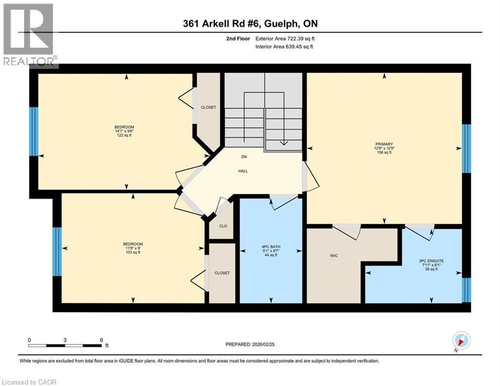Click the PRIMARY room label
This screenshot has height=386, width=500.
click(x=384, y=144)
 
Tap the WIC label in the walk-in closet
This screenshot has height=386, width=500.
click(x=334, y=256)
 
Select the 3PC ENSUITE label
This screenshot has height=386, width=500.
click(x=431, y=261)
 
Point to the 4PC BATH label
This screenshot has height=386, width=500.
click(x=271, y=247)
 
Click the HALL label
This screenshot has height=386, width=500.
click(x=243, y=171)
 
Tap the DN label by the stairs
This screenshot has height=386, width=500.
click(x=244, y=157)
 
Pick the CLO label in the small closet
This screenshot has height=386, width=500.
click(x=223, y=226)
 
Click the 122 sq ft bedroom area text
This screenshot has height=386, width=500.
click(x=124, y=136)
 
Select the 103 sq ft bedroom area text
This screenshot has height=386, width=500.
click(x=133, y=252)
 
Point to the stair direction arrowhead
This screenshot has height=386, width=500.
click(x=284, y=143)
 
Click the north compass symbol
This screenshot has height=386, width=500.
click(x=461, y=340)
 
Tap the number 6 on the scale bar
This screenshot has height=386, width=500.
click(x=102, y=340)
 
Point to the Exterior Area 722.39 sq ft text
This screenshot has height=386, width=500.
click(x=285, y=39)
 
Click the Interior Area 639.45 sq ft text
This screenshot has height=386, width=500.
click(x=284, y=47)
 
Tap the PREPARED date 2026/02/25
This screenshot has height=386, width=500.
click(x=250, y=344)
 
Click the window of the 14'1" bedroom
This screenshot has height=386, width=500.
click(x=34, y=131)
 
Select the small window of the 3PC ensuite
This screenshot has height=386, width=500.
click(x=466, y=290)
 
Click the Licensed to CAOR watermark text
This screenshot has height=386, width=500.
click(x=29, y=382)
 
